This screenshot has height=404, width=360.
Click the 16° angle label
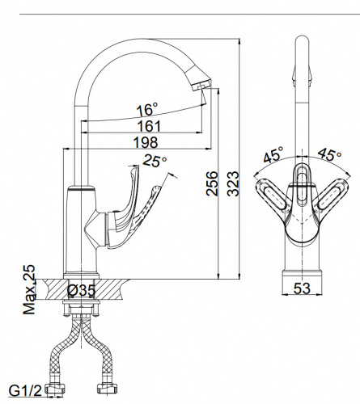147,109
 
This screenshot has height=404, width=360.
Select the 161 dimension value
149,126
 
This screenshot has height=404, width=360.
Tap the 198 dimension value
146,142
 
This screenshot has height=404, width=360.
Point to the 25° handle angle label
155,161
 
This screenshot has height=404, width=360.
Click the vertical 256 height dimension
211,183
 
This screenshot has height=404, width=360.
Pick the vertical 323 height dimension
233,183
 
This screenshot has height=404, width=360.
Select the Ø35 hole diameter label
81,290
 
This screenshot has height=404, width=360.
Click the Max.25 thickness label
29,290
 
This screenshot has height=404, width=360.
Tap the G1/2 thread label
25,390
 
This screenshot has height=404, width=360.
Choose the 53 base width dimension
302,288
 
